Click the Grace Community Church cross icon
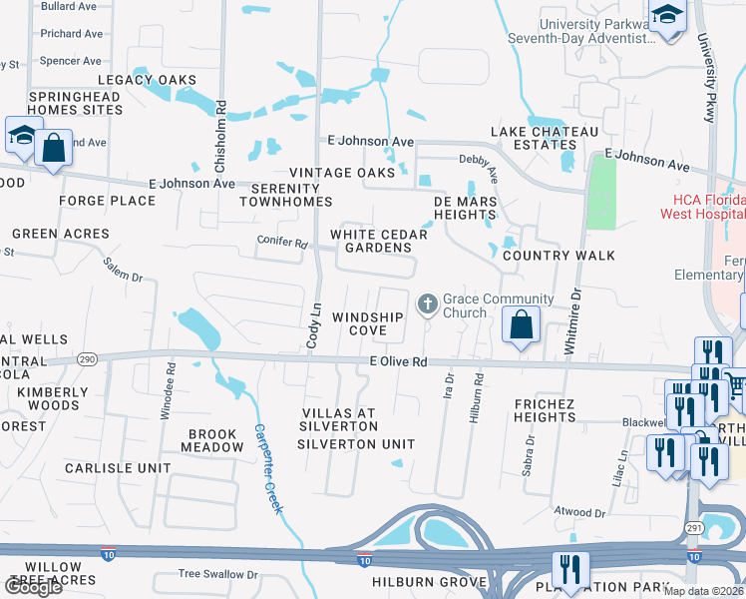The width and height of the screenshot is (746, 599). [428, 302]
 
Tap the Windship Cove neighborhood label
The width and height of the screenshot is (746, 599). [367, 323]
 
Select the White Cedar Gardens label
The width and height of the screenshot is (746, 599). [379, 242]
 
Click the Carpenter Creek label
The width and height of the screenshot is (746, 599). [267, 469]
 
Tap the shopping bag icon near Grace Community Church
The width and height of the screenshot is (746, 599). [521, 324]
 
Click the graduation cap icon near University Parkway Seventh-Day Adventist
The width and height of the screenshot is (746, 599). [667, 16]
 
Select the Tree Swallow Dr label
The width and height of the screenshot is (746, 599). [217, 575]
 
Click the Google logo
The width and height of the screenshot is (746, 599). [34, 586]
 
